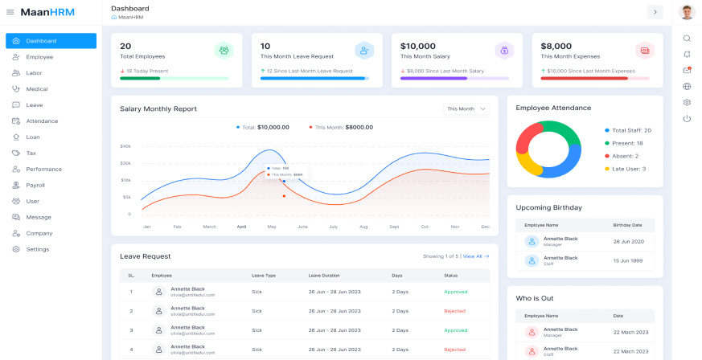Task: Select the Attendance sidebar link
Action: coord(41,121)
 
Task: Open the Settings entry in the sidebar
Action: coord(37,250)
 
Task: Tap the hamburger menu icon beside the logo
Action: coord(10,12)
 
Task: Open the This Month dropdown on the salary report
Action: coord(466,108)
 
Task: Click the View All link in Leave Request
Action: coord(475,256)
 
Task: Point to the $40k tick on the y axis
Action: coord(125,146)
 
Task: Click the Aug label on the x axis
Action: coord(363,227)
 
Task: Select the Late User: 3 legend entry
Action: coord(628,169)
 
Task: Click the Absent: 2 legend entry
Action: coord(625,156)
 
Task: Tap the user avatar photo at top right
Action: coord(687,12)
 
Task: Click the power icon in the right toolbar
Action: coord(687,119)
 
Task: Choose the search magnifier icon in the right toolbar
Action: coord(687,38)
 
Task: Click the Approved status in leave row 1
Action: coord(455,292)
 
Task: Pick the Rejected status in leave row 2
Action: coord(454,311)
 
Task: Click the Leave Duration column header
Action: coord(323,276)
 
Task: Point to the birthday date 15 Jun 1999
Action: coord(626,260)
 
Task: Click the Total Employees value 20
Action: coord(125,46)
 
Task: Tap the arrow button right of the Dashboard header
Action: coord(655,11)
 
